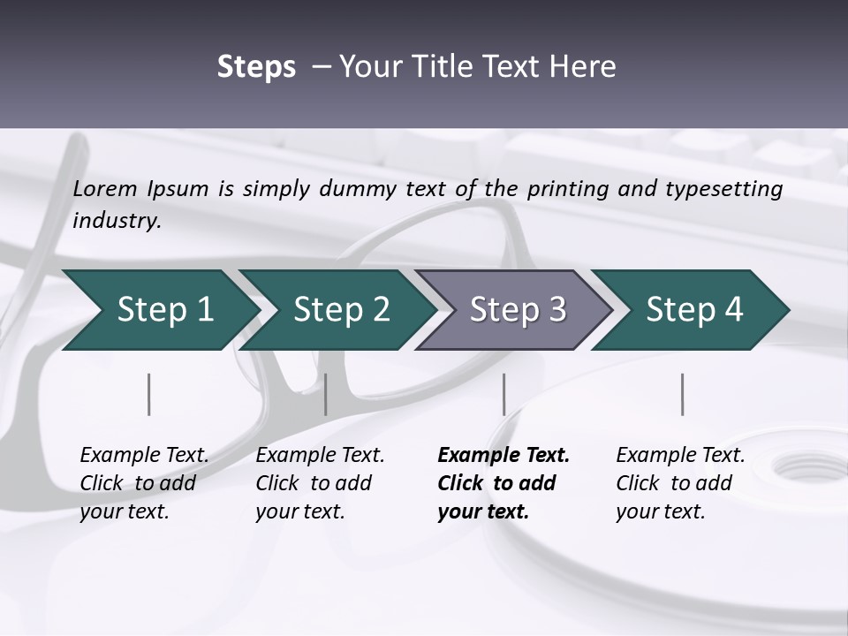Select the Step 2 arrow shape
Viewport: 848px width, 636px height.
(x=336, y=310)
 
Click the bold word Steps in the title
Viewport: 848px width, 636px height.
(x=256, y=67)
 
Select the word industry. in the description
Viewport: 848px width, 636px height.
(x=117, y=221)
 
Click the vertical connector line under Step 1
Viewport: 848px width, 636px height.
(x=149, y=394)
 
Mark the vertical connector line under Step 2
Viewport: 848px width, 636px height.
(x=326, y=394)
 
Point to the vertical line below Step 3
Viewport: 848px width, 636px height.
(x=503, y=394)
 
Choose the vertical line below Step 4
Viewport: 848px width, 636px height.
(x=682, y=394)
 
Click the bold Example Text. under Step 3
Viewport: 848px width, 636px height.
(x=503, y=456)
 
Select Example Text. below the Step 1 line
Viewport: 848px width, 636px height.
(x=144, y=456)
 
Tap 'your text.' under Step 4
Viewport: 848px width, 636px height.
(x=660, y=511)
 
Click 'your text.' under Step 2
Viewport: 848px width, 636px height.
(x=299, y=511)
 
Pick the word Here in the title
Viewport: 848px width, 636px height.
(x=586, y=67)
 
